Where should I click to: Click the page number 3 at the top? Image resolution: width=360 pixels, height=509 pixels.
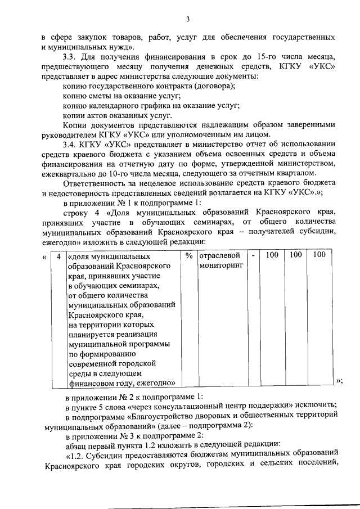point(190,20)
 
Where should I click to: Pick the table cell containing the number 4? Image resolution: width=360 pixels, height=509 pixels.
point(58,255)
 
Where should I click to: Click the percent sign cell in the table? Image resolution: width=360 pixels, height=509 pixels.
point(189,255)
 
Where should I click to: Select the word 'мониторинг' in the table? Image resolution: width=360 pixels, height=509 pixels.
point(221,265)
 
